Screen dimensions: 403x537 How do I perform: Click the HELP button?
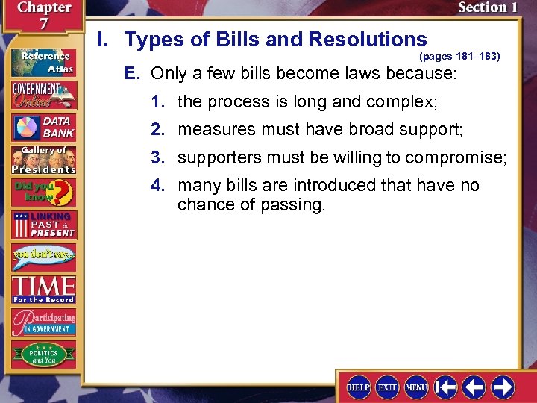point(359,387)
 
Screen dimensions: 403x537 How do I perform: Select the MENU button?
point(415,387)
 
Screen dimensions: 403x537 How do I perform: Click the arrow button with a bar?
point(445,387)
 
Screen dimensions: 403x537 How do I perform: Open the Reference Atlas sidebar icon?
point(43,60)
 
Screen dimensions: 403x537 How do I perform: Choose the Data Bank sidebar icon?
point(43,127)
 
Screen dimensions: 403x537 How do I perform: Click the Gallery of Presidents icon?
point(43,159)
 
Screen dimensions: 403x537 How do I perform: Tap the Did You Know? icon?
point(43,192)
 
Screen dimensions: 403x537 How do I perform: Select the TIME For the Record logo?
point(43,290)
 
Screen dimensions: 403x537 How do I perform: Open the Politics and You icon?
point(43,354)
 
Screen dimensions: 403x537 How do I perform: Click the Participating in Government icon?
point(43,322)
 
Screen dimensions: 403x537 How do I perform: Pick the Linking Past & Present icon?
point(43,225)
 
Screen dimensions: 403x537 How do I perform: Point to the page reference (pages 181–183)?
point(459,56)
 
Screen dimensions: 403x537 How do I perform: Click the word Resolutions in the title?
point(370,40)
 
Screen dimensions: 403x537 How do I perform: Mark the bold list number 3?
point(157,157)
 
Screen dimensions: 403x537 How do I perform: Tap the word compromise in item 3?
point(463,157)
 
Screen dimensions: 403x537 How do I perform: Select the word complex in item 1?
point(401,101)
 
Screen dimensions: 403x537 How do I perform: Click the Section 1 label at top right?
point(487,7)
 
